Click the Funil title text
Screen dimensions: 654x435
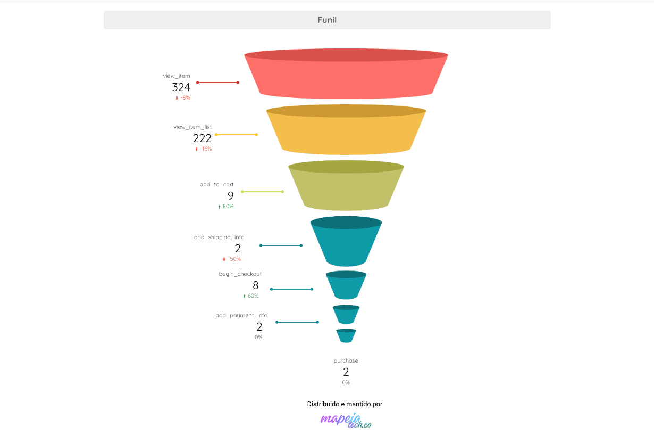coord(327,20)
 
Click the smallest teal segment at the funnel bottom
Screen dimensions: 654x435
coord(346,336)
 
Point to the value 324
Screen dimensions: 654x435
coord(181,87)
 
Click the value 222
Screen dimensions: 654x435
coord(202,138)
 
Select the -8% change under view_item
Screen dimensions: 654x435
coord(183,97)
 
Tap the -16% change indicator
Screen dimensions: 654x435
coord(204,149)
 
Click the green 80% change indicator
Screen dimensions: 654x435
coord(225,207)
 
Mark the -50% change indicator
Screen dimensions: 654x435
coord(232,259)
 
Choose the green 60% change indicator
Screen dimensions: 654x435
coord(251,296)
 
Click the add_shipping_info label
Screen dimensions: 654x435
coord(219,237)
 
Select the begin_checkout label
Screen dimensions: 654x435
coord(240,274)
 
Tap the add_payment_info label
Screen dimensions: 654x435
coord(241,315)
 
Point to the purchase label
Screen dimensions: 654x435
coord(346,361)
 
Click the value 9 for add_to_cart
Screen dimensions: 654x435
coord(231,195)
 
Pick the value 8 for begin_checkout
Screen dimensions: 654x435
coord(255,285)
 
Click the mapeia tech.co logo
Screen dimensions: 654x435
coord(346,421)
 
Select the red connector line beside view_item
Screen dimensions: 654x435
coord(218,83)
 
